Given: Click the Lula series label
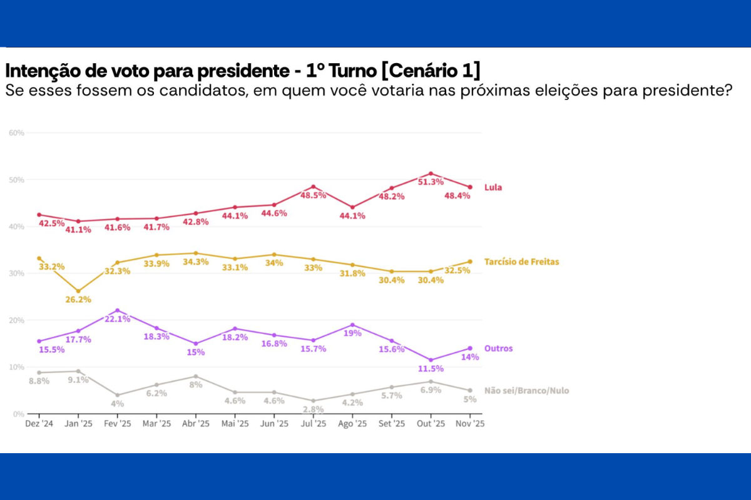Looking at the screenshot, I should (493, 187).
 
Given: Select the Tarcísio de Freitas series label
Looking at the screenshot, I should (521, 262).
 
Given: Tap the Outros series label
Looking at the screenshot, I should (498, 348).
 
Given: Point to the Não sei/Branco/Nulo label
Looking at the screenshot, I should (527, 391).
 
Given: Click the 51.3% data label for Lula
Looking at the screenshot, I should (431, 182).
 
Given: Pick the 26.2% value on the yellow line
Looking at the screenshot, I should (78, 299).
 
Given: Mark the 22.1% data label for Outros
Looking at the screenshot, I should (118, 319).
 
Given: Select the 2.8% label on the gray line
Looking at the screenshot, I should (313, 409).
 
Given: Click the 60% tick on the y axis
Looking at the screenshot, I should (16, 133).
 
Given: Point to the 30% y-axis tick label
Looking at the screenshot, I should (16, 273).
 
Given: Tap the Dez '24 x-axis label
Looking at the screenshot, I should (39, 424).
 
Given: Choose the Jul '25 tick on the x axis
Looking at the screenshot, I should (313, 424).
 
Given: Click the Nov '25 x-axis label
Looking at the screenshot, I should (469, 424).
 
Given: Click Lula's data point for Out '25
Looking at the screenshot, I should (431, 174).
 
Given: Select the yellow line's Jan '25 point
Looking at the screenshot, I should (78, 291).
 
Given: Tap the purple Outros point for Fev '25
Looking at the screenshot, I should (118, 311).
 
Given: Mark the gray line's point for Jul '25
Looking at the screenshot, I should (313, 401).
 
